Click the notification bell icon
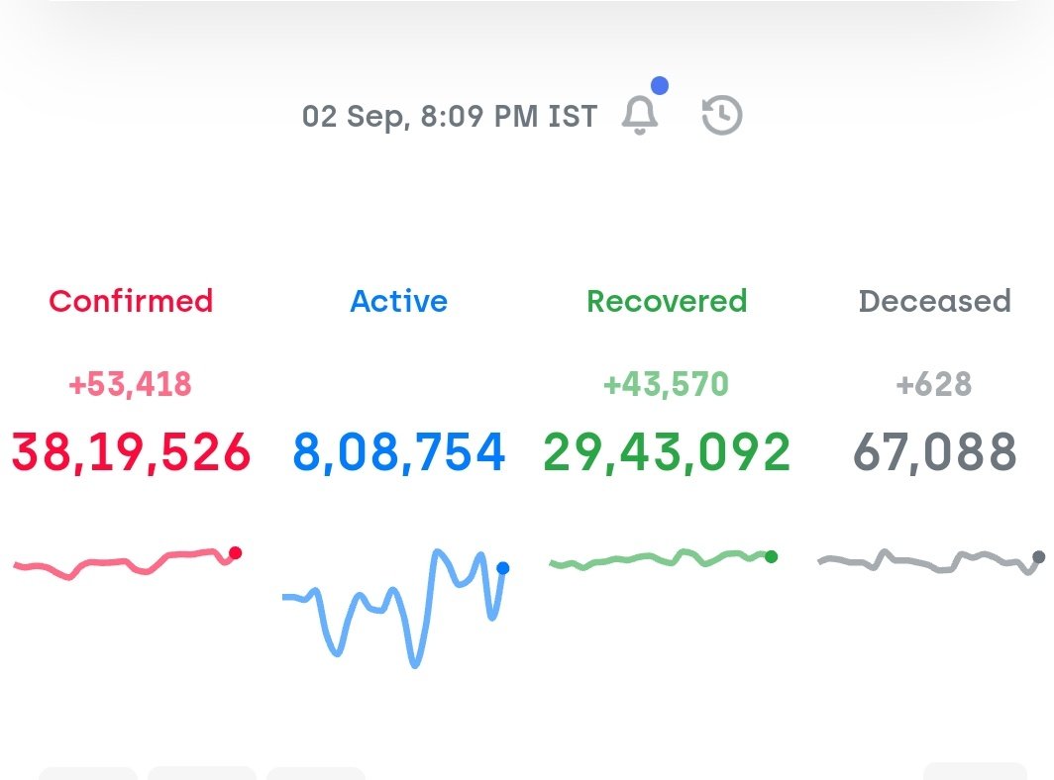(640, 116)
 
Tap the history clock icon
(722, 116)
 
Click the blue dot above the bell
(659, 86)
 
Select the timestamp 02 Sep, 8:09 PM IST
(450, 117)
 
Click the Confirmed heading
(131, 301)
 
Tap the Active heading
(398, 301)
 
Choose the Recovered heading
(667, 301)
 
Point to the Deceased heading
(934, 301)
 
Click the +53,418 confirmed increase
(130, 384)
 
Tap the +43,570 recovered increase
(666, 384)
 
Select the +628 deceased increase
(934, 384)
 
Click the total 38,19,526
(131, 452)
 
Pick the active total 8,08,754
(399, 452)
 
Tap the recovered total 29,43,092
(667, 452)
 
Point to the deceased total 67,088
(935, 452)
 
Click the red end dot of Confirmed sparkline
(235, 553)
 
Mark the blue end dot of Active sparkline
(502, 568)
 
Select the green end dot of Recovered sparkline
(772, 556)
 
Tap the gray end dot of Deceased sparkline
(1038, 557)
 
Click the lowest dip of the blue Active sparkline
(415, 663)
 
